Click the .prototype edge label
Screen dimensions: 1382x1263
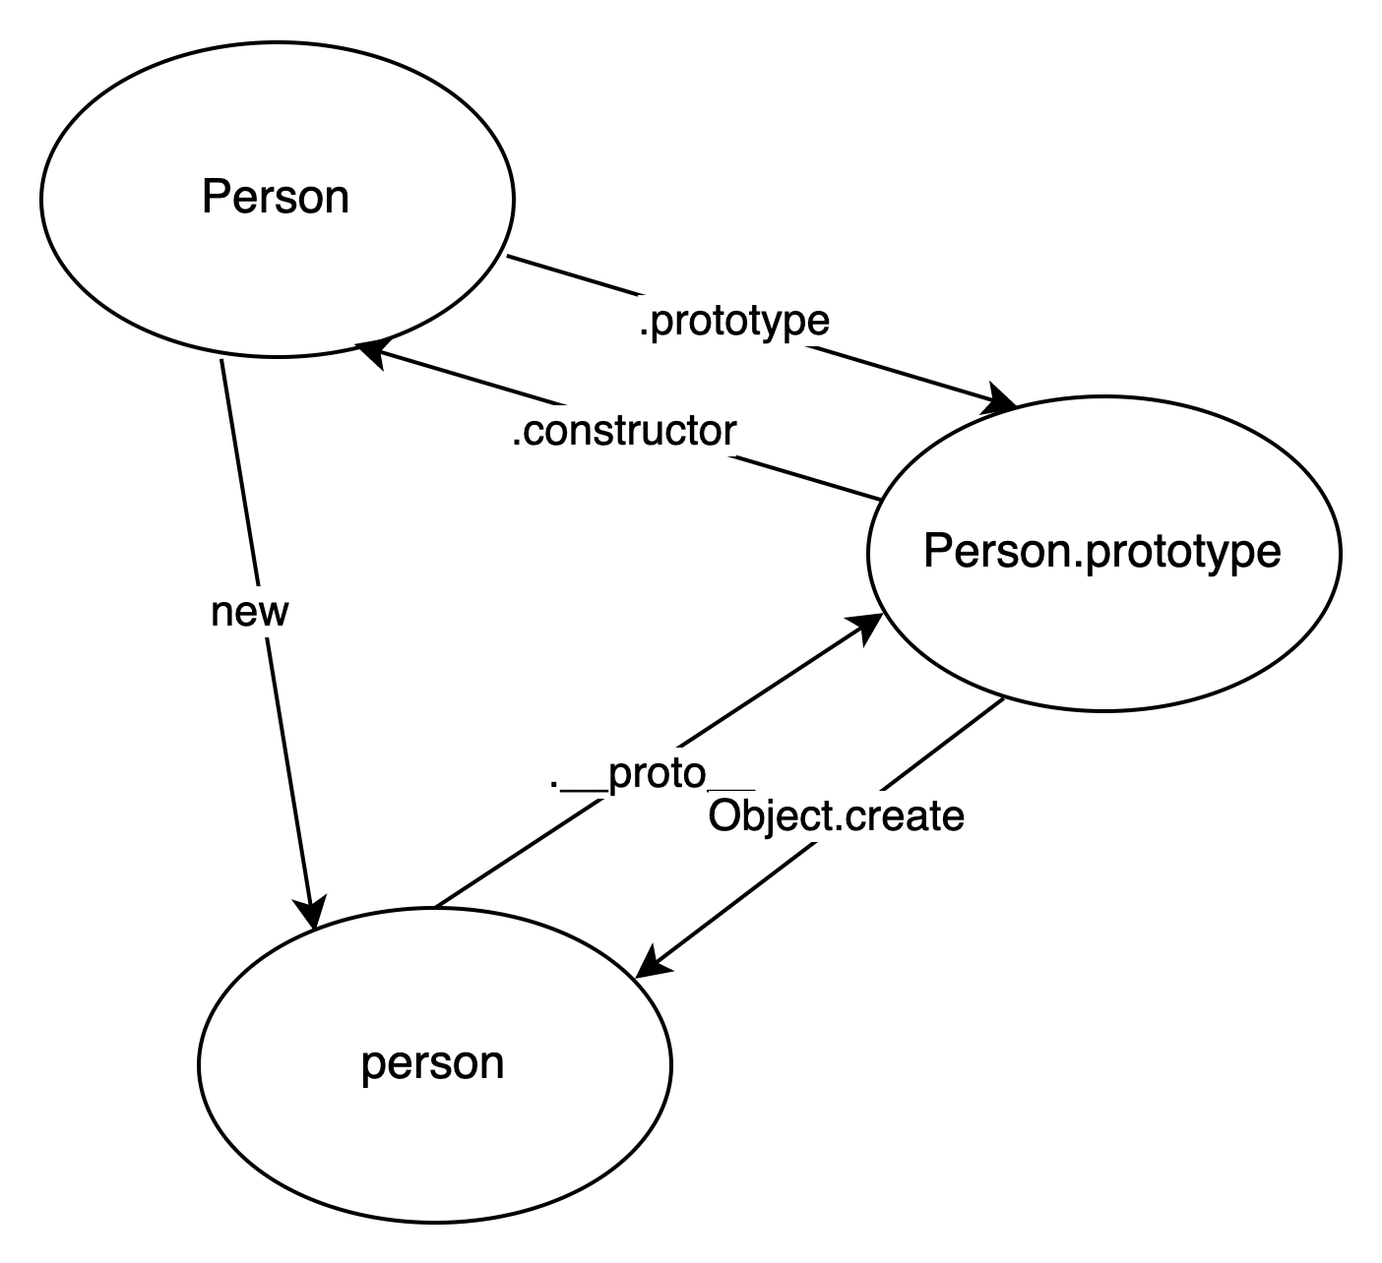734,321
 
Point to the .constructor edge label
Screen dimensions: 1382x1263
624,431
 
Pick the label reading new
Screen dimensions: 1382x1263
250,611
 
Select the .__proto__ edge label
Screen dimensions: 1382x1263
652,773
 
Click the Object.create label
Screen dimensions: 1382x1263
836,816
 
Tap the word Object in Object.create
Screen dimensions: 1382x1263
770,816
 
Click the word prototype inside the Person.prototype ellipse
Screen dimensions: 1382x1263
1184,552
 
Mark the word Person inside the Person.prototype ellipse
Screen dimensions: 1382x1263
995,551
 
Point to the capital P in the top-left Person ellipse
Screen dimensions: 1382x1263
214,197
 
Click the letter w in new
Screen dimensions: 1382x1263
275,612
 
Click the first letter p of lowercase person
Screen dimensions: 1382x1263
371,1066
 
